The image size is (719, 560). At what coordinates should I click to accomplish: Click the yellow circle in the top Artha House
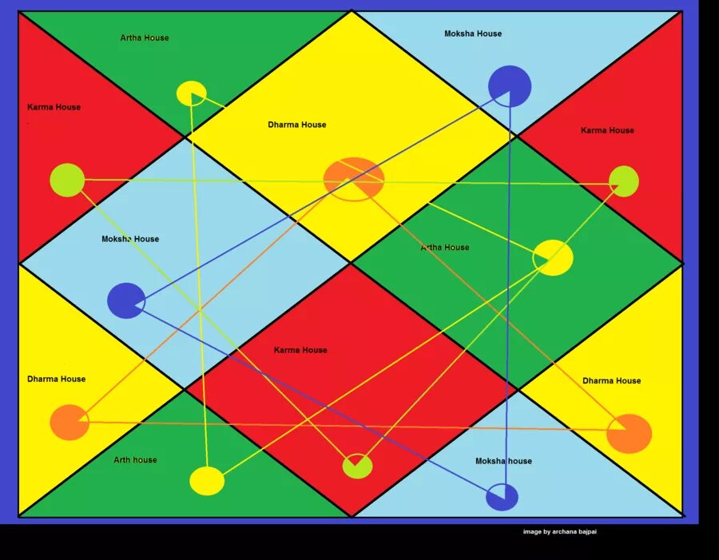pyautogui.click(x=192, y=93)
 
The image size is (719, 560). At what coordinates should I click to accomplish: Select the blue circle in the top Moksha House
pyautogui.click(x=510, y=85)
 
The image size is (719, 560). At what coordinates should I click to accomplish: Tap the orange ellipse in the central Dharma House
pyautogui.click(x=354, y=179)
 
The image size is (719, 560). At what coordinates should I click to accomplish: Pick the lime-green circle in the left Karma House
pyautogui.click(x=67, y=180)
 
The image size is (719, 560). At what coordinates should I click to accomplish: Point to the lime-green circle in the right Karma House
pyautogui.click(x=624, y=181)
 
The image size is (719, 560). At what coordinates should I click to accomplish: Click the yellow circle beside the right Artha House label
pyautogui.click(x=553, y=257)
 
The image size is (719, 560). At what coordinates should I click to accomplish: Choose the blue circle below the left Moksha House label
pyautogui.click(x=126, y=300)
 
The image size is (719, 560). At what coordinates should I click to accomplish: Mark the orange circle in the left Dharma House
pyautogui.click(x=70, y=423)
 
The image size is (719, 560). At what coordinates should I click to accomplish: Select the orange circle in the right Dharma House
pyautogui.click(x=630, y=434)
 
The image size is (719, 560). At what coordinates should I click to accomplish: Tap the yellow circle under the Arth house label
pyautogui.click(x=207, y=481)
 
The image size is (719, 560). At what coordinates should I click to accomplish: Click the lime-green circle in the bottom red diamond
pyautogui.click(x=357, y=466)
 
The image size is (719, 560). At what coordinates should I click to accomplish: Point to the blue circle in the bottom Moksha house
pyautogui.click(x=502, y=497)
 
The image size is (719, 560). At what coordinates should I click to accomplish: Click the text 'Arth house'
pyautogui.click(x=135, y=460)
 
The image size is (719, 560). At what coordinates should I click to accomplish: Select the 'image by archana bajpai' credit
pyautogui.click(x=559, y=532)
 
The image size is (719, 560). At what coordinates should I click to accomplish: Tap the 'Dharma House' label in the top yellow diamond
pyautogui.click(x=297, y=125)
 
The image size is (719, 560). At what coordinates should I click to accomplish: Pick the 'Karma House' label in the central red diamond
pyautogui.click(x=300, y=350)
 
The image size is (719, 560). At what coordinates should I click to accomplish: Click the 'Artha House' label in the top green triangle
pyautogui.click(x=145, y=38)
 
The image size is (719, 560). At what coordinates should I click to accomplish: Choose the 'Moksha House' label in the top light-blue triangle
pyautogui.click(x=473, y=34)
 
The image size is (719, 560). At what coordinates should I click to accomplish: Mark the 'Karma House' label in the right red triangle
pyautogui.click(x=607, y=130)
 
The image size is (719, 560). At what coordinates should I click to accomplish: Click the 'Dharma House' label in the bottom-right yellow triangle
pyautogui.click(x=611, y=380)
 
